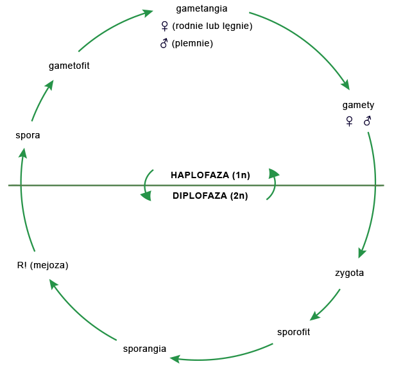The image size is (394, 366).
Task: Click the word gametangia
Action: click(x=201, y=8)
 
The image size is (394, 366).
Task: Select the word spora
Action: click(x=28, y=135)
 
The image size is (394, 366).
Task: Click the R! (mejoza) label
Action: click(x=42, y=264)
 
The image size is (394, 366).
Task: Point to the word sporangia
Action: click(x=144, y=349)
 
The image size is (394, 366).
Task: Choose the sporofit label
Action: click(x=293, y=332)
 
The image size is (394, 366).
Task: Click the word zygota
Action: click(x=349, y=273)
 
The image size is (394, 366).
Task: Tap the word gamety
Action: click(x=358, y=105)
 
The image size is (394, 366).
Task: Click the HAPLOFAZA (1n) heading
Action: click(x=210, y=174)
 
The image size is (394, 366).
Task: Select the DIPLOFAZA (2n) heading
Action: click(x=210, y=196)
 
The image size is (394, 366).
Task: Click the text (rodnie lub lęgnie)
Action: click(x=212, y=26)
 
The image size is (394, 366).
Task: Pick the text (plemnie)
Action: click(x=192, y=44)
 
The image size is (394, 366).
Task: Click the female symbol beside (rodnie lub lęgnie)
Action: click(x=164, y=26)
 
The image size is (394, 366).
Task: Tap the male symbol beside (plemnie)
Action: click(x=164, y=43)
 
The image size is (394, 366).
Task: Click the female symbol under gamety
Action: click(x=349, y=121)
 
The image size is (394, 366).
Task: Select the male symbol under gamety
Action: click(x=368, y=121)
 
